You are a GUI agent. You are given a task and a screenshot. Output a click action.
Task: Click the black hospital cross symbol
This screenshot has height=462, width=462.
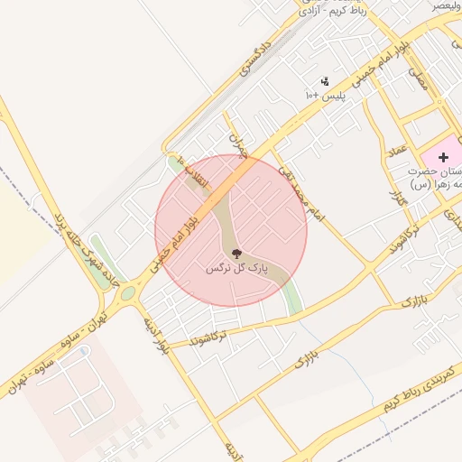443,157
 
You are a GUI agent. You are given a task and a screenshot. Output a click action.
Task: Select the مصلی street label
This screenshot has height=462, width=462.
418,79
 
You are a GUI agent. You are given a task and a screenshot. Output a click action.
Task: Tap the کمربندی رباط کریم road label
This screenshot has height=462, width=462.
417,389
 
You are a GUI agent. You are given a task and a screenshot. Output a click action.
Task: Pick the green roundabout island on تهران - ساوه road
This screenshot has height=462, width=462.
128,292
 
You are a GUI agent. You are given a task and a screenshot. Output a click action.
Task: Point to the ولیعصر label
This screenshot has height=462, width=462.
444,5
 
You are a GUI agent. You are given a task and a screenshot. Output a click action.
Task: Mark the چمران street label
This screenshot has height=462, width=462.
237,144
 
